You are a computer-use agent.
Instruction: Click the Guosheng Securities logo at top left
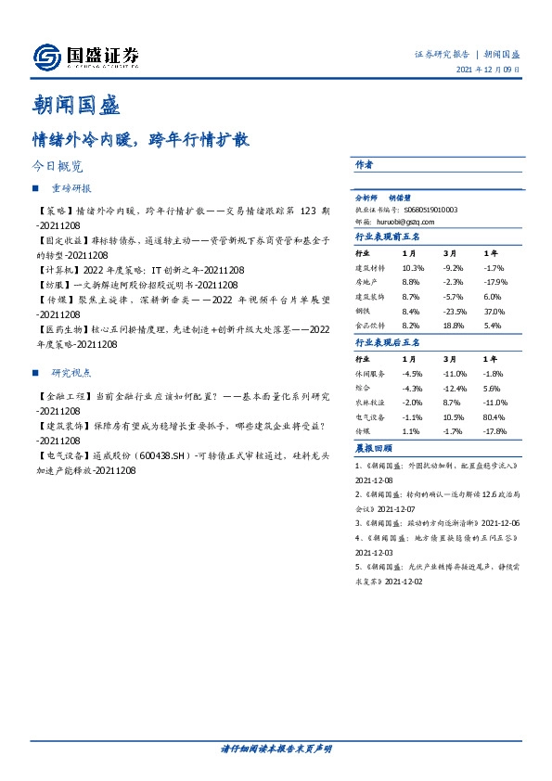85,58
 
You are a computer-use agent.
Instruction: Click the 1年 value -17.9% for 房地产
496,282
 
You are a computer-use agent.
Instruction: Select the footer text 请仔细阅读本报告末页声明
276,748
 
